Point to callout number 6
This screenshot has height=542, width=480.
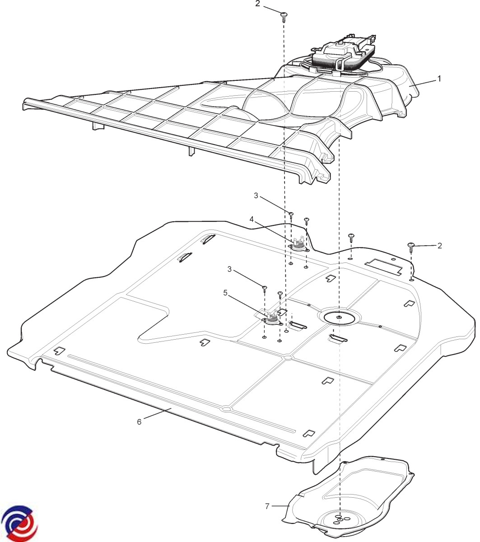point(139,422)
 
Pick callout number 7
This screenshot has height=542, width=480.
point(267,506)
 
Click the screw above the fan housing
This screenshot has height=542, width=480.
point(284,16)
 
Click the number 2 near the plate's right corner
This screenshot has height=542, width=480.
point(439,246)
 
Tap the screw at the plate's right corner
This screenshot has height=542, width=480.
point(411,246)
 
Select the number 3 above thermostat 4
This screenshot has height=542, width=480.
point(256,196)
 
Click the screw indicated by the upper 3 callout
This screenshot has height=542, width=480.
point(292,215)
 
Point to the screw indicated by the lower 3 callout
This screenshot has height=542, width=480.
point(265,288)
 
